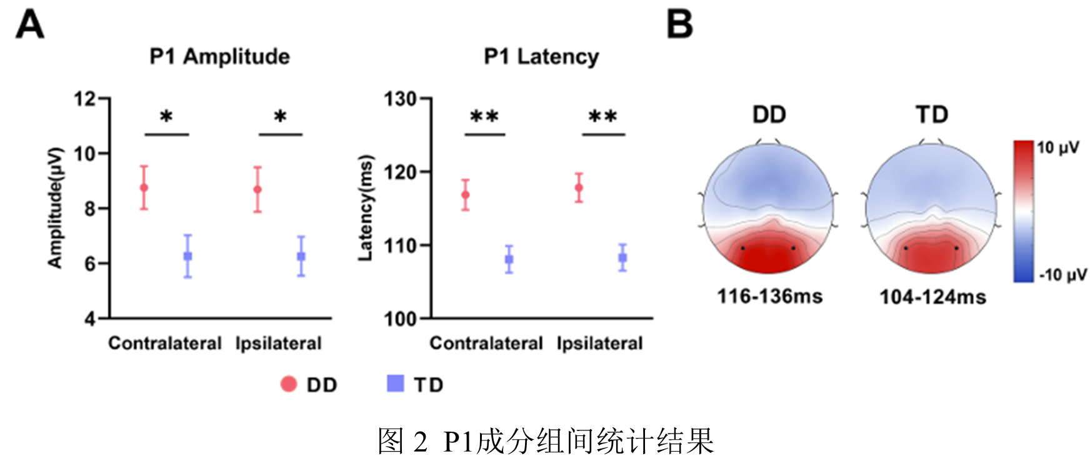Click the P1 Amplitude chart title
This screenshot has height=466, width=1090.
(x=219, y=57)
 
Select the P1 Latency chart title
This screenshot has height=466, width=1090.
(x=541, y=57)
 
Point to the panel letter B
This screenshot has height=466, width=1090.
(x=680, y=25)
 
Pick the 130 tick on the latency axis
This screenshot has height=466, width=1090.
(x=399, y=99)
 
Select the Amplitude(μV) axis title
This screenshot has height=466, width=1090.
(x=56, y=207)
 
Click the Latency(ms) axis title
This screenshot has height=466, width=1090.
(x=365, y=207)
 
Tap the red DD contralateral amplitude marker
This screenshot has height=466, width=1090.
(x=144, y=187)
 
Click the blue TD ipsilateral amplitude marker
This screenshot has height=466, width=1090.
(x=301, y=256)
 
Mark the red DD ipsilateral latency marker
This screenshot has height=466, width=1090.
(x=579, y=187)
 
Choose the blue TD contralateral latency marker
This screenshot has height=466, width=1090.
(x=509, y=259)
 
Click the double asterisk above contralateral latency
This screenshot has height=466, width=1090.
(x=484, y=116)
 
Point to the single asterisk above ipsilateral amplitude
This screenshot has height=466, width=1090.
(x=280, y=116)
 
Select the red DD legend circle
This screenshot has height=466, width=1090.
(x=288, y=384)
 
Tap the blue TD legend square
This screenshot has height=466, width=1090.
(x=396, y=384)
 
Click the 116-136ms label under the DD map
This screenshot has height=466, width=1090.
(x=769, y=296)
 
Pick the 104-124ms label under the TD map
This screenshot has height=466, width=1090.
(x=932, y=297)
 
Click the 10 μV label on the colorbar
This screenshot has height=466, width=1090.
(x=1057, y=148)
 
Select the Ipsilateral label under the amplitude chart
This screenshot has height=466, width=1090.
(x=278, y=344)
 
